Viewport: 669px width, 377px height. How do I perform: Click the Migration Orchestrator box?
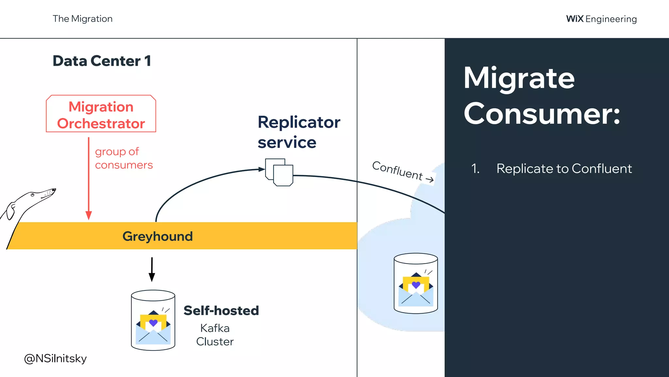(x=101, y=114)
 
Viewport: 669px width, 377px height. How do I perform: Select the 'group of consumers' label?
(x=123, y=158)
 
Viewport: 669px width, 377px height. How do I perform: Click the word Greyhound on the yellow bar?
(x=157, y=236)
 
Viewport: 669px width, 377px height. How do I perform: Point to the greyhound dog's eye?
(x=33, y=195)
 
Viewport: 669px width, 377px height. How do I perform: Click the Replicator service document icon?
(x=279, y=172)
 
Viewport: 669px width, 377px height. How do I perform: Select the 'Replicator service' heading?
(x=299, y=132)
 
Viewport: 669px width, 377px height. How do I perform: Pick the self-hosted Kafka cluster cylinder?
(x=153, y=320)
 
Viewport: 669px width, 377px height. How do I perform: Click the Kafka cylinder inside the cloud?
(x=416, y=283)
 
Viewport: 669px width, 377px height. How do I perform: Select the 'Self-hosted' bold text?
(x=221, y=311)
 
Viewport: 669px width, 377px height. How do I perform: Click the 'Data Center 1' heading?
(x=102, y=61)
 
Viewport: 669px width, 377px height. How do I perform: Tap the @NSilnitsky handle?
(x=55, y=358)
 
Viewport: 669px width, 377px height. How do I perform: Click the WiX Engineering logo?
(x=601, y=19)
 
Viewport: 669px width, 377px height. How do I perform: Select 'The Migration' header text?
(x=83, y=19)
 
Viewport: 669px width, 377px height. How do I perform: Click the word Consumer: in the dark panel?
(x=541, y=114)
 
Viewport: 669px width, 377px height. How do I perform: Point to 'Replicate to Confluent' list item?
(x=564, y=169)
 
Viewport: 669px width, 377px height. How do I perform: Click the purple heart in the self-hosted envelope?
(x=153, y=323)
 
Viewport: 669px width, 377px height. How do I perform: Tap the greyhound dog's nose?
(x=55, y=189)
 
